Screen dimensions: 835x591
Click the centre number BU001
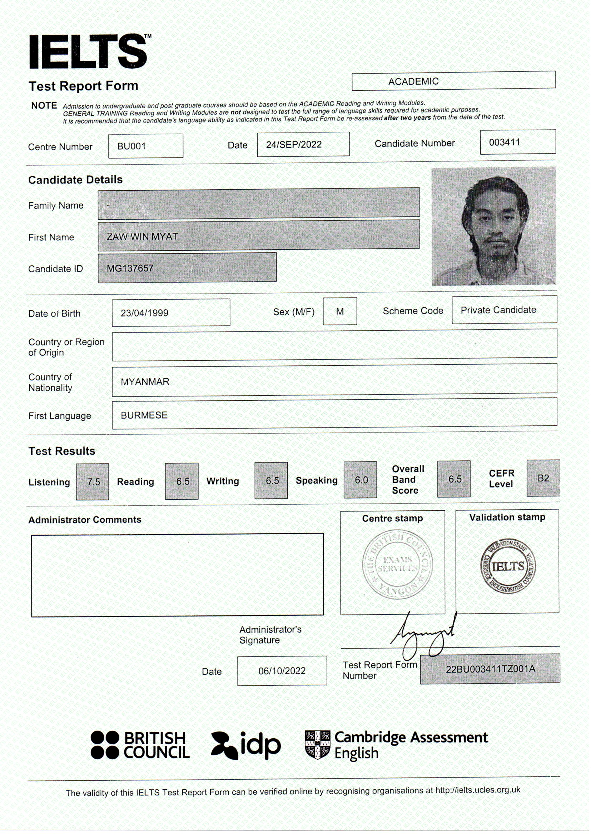pos(131,146)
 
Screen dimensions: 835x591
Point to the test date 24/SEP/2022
pos(294,145)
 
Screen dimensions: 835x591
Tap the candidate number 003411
pos(505,142)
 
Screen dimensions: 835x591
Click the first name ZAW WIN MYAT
pos(142,236)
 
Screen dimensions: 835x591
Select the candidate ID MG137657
pos(130,269)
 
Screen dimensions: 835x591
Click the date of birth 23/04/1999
pos(144,313)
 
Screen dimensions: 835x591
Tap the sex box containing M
pos(340,311)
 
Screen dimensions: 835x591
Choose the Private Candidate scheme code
pos(498,310)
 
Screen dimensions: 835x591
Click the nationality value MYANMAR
pos(145,382)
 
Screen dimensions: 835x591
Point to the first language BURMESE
pos(144,415)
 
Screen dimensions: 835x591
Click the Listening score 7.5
pos(93,482)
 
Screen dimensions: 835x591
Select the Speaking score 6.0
pos(361,480)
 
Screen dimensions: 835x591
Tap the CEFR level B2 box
pos(543,478)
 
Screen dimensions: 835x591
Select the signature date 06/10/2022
pos(282,671)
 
